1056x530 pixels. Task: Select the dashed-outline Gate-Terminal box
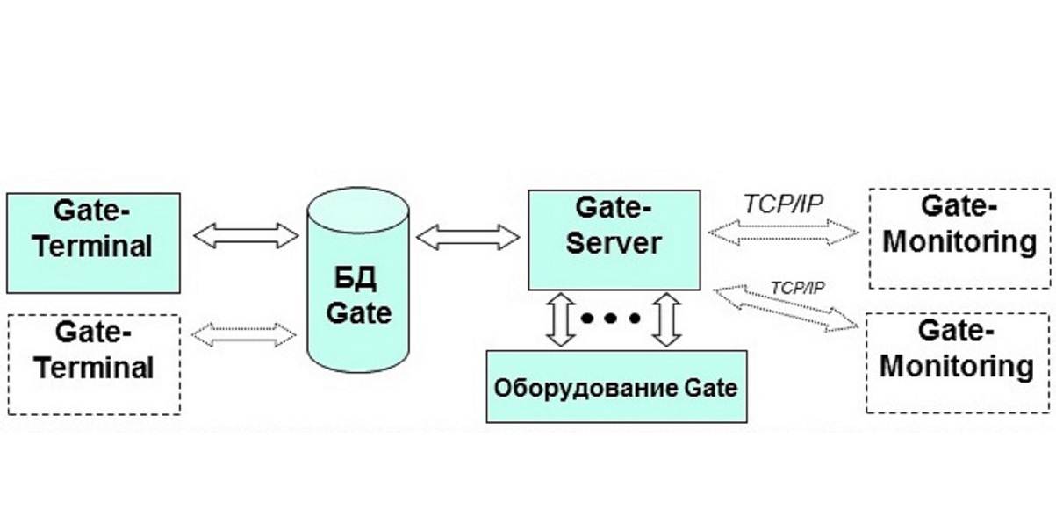pos(93,364)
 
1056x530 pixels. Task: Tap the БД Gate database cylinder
pos(358,290)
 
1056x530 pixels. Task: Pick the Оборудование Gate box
pos(617,386)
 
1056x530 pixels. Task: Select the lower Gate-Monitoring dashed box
pos(959,363)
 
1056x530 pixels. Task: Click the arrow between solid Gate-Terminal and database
pos(245,234)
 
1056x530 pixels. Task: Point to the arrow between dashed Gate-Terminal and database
pos(245,333)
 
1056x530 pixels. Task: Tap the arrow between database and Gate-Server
pos(468,235)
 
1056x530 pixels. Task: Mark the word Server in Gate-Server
pos(614,243)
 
